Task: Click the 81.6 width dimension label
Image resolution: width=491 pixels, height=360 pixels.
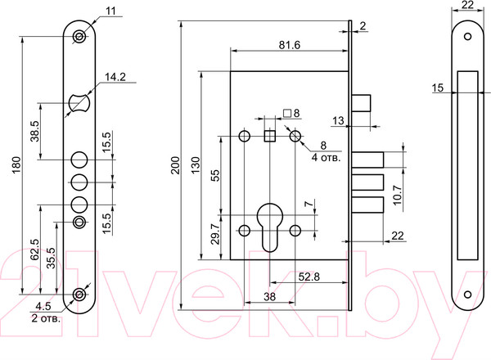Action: [290, 45]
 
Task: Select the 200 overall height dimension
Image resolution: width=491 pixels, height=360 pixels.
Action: [175, 165]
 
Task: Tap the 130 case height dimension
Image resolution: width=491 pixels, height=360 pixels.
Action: [195, 165]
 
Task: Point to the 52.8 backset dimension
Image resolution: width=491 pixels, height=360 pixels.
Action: [309, 277]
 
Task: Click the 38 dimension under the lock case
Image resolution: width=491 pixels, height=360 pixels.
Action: [269, 296]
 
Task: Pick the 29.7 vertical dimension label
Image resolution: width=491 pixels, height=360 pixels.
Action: [215, 234]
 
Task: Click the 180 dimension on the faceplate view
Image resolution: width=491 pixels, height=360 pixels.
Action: [16, 165]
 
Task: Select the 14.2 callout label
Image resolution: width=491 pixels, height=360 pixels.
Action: [115, 77]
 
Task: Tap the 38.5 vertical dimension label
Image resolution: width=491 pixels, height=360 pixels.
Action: [34, 132]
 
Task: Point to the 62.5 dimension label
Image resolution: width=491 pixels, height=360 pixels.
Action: [34, 250]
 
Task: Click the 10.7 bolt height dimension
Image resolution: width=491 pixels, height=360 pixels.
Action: [397, 195]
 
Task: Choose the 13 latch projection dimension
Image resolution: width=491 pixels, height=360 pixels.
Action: [338, 120]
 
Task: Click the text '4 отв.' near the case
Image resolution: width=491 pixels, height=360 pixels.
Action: [326, 157]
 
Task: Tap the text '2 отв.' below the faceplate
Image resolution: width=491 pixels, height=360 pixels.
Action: [46, 318]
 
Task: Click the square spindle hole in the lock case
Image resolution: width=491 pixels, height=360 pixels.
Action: [269, 136]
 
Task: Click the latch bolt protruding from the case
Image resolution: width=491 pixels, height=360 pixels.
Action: [361, 103]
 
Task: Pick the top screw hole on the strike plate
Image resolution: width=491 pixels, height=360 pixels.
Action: [467, 37]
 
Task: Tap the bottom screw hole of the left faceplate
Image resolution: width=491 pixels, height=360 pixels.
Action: [79, 295]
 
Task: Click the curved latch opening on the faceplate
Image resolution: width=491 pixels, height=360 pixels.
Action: [79, 102]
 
